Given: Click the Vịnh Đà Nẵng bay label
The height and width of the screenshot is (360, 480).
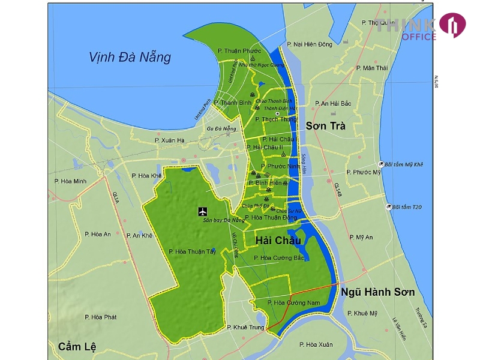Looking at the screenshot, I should (x=130, y=58).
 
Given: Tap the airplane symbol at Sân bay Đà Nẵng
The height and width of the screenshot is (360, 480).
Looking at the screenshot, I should (x=202, y=211).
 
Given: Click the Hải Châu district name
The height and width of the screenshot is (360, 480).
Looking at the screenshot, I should (x=278, y=240).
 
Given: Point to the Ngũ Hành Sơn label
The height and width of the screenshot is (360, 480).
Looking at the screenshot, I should (x=378, y=292).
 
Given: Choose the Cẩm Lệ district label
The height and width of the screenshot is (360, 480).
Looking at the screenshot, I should (x=77, y=346).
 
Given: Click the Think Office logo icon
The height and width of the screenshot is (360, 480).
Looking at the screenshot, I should (x=452, y=25).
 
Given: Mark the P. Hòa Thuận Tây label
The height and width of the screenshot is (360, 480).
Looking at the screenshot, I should (x=192, y=251).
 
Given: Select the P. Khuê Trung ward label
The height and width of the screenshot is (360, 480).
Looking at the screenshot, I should (x=246, y=327).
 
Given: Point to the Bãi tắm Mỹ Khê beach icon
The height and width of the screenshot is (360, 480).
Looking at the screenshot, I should (x=381, y=164).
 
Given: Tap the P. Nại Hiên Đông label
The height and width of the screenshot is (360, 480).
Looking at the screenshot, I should (x=309, y=44).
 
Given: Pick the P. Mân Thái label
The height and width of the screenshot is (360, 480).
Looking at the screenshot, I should (x=372, y=68).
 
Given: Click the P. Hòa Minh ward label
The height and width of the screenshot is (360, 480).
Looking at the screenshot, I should (x=70, y=181).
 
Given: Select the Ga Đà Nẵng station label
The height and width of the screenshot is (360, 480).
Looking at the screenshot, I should (x=221, y=128).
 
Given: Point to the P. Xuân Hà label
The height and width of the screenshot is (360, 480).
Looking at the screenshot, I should (x=169, y=140).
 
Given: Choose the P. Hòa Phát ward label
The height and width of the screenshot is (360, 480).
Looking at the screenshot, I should (x=100, y=316).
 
